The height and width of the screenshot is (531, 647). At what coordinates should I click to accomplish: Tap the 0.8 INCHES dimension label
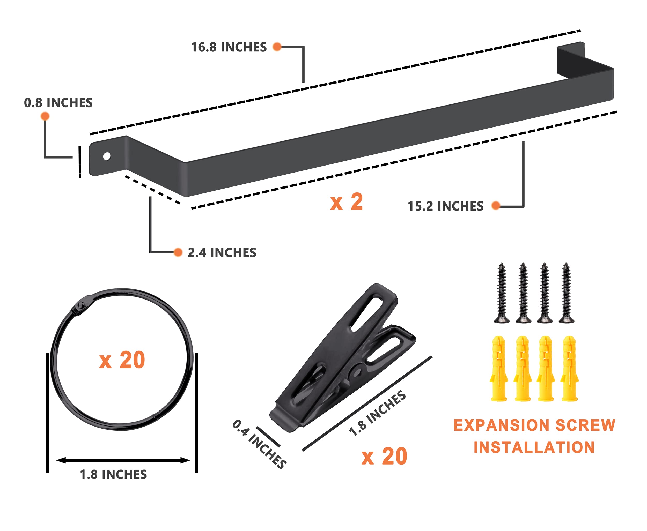click(x=58, y=103)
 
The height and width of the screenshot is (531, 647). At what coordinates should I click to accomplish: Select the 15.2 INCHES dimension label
click(x=445, y=206)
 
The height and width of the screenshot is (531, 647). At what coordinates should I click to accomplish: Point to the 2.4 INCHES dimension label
click(x=222, y=253)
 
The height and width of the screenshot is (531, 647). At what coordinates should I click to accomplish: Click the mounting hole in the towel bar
click(x=107, y=156)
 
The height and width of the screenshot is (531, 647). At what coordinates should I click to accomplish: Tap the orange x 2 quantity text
click(x=347, y=202)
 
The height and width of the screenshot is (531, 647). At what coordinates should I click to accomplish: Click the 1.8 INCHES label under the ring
click(x=113, y=475)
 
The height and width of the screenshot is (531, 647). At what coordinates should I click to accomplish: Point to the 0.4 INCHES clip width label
click(x=259, y=444)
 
